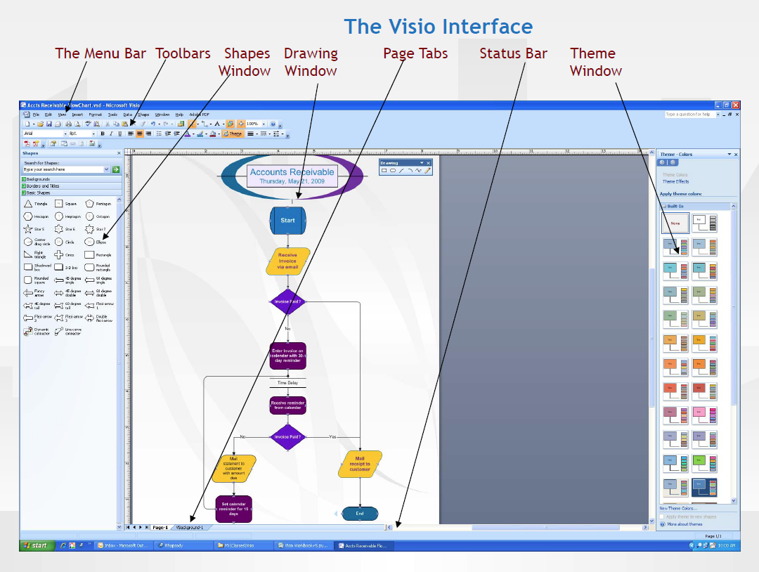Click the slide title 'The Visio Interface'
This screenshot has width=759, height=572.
(439, 27)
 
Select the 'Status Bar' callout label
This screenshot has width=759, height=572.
(513, 53)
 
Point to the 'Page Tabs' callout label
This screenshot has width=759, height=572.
(415, 53)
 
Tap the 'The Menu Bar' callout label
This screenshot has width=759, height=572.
(100, 53)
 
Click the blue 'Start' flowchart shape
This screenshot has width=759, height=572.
(288, 220)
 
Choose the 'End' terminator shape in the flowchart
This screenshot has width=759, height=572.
(360, 514)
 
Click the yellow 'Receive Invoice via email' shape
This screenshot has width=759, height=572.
(288, 261)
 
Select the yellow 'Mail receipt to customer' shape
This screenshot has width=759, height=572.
(360, 464)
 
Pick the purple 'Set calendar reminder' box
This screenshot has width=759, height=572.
(233, 509)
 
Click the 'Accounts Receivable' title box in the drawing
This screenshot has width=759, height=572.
(292, 176)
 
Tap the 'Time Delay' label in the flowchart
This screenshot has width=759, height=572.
(287, 383)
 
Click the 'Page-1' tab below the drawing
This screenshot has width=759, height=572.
(160, 527)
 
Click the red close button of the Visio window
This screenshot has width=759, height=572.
(735, 105)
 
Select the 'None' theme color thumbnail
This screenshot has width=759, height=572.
(675, 223)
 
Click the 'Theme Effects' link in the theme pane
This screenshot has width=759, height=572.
(675, 181)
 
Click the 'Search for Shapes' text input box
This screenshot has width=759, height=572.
(63, 169)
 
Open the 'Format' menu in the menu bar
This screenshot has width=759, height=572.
(95, 114)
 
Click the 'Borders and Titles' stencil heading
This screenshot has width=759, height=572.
(43, 186)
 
